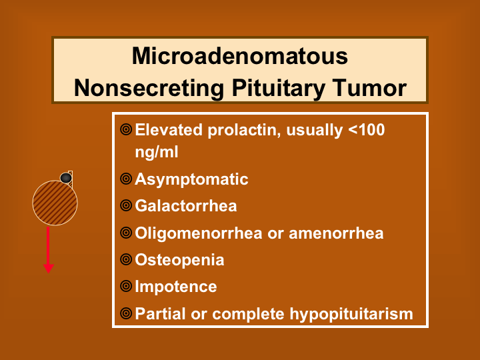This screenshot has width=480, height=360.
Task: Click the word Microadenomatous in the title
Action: pyautogui.click(x=240, y=56)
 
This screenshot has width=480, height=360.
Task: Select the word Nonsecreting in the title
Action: pyautogui.click(x=149, y=88)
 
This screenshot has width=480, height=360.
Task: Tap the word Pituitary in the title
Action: pyautogui.click(x=279, y=89)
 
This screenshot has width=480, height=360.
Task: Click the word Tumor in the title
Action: pyautogui.click(x=370, y=88)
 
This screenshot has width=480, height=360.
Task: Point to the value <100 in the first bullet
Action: pyautogui.click(x=367, y=130)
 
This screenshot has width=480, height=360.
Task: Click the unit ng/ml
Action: pyautogui.click(x=157, y=152)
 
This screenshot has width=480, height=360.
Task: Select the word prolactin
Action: pyautogui.click(x=244, y=131)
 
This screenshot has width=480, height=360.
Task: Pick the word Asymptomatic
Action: pyautogui.click(x=191, y=179)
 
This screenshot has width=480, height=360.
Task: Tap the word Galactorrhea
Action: pyautogui.click(x=186, y=206)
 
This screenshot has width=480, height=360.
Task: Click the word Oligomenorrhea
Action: pyautogui.click(x=199, y=233)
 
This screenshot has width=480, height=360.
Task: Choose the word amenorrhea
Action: pyautogui.click(x=336, y=233)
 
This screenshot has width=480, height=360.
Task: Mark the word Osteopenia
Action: pyautogui.click(x=180, y=260)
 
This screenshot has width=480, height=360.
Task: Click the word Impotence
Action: pyautogui.click(x=176, y=287)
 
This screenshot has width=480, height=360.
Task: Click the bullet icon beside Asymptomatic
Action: pyautogui.click(x=126, y=179)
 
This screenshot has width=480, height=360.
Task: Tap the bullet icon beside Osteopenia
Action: pyautogui.click(x=126, y=259)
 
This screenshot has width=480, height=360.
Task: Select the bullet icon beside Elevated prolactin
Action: pyautogui.click(x=126, y=129)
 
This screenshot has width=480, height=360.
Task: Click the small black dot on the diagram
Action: pyautogui.click(x=66, y=178)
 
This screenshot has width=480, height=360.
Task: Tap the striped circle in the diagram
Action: pyautogui.click(x=55, y=203)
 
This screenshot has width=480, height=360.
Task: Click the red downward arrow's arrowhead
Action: pyautogui.click(x=49, y=269)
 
